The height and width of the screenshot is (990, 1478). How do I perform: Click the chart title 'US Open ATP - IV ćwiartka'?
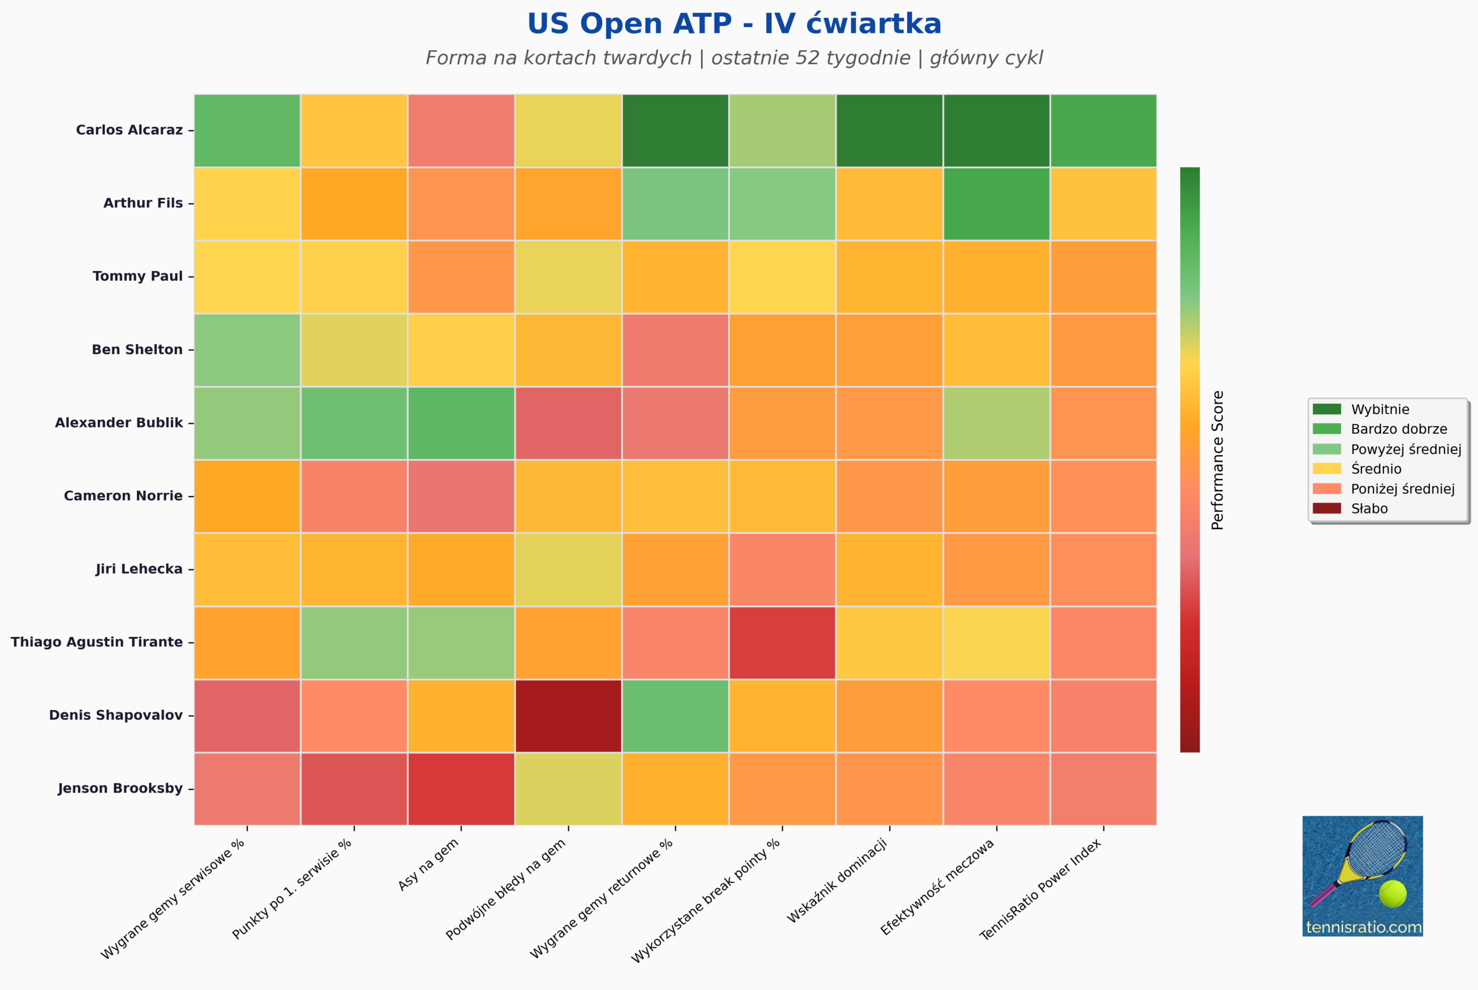tap(734, 24)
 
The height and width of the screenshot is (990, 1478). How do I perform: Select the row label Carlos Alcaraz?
tap(129, 130)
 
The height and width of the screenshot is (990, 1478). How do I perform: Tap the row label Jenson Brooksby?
tap(120, 788)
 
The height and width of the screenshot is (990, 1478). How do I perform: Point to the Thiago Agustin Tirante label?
tap(96, 642)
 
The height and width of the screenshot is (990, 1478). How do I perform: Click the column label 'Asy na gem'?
tap(428, 865)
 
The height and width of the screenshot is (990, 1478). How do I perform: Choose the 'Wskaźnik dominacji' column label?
tap(837, 881)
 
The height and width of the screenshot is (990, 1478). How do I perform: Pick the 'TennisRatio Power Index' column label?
tap(1040, 889)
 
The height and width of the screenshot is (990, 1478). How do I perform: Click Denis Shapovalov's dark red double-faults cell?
tap(569, 716)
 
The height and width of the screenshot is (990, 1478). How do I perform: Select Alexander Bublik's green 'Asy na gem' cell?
tap(461, 423)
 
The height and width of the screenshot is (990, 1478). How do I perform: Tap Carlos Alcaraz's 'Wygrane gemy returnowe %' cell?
tap(675, 131)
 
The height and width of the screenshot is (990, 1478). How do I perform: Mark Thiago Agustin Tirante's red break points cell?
tap(782, 643)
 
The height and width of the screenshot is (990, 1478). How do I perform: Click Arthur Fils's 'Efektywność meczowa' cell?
tap(996, 204)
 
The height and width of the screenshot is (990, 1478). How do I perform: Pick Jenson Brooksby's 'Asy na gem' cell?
tap(461, 788)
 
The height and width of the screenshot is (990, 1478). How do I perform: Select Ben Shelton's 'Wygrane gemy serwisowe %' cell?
tap(247, 350)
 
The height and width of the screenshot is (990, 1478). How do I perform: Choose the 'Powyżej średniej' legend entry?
tap(1387, 449)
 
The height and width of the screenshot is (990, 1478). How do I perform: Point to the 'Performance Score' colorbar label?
tap(1218, 460)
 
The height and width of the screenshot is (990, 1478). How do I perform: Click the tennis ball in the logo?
tap(1393, 894)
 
